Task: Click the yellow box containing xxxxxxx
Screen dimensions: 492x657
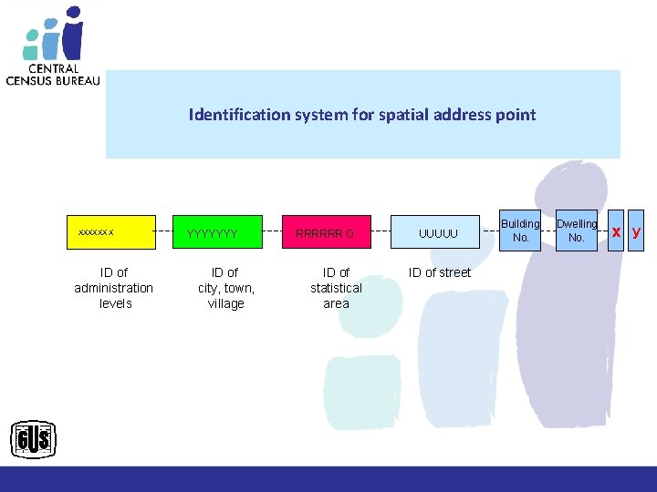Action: click(113, 232)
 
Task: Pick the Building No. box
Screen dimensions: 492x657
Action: click(521, 231)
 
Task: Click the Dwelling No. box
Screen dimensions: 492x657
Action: click(577, 231)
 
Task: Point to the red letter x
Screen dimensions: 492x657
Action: click(617, 231)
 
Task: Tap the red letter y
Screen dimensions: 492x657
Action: click(637, 231)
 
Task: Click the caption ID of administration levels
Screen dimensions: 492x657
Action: click(114, 288)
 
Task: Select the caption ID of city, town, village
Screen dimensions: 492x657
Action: click(225, 288)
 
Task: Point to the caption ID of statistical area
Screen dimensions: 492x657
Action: click(336, 288)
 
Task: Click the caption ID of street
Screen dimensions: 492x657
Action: click(440, 272)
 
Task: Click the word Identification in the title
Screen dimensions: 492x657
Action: click(233, 115)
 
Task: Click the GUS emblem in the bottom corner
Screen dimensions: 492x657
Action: click(34, 441)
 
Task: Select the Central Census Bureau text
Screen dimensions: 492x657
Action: click(53, 74)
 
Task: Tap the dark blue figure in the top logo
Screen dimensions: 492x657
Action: click(73, 35)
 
